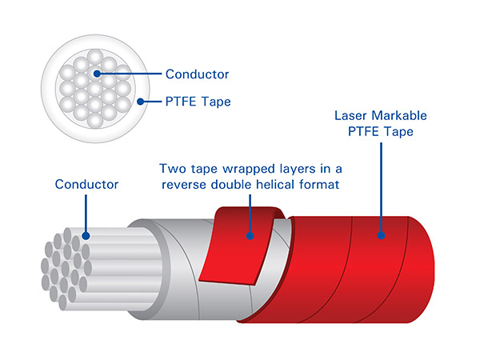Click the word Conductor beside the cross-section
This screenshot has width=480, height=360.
coord(197,74)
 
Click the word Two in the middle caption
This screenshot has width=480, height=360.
coord(173,169)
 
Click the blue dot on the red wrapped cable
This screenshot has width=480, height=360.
coord(382,236)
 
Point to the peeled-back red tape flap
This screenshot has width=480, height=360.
coord(236,248)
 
